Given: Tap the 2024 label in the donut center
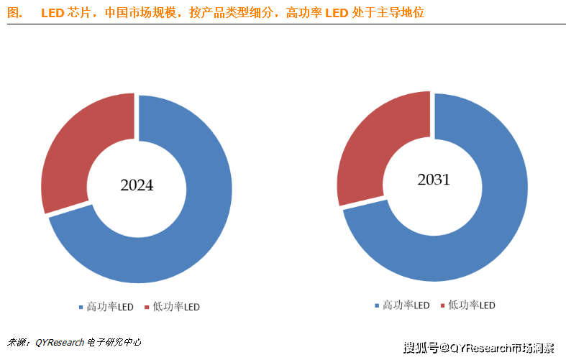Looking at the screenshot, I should tap(137, 185).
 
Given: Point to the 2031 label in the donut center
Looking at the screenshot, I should tap(434, 180).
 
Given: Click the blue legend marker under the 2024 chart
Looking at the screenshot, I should tap(81, 307).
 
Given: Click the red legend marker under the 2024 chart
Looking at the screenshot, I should tap(147, 307).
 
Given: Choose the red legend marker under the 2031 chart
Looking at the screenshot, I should tap(442, 305).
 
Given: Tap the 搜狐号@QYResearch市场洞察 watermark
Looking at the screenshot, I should tap(478, 349).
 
